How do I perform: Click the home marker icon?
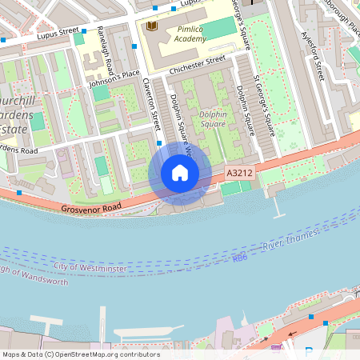click(180, 173)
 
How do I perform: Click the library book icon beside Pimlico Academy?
click(151, 26)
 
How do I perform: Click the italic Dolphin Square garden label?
click(213, 119)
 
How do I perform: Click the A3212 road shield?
click(239, 173)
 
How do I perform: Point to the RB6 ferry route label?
click(240, 258)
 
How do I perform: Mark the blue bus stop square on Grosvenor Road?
click(19, 194)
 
